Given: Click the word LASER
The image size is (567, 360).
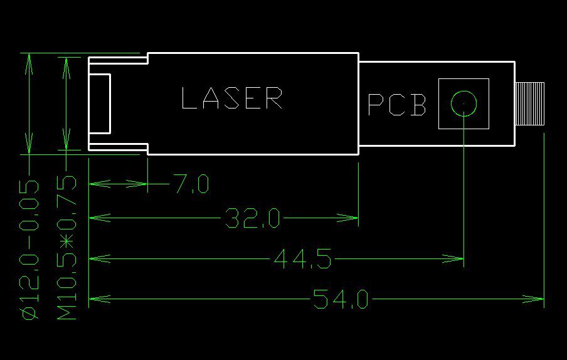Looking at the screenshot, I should [231, 98].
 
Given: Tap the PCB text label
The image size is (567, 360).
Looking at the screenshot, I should [396, 105].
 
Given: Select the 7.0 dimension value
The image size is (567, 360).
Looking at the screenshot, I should [191, 184].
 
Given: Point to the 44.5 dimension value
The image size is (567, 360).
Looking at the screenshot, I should [302, 258].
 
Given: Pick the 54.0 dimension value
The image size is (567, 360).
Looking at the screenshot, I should [341, 300].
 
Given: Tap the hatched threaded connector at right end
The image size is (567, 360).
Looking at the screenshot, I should [529, 103].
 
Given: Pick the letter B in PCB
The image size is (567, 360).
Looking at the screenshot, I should [417, 105].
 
